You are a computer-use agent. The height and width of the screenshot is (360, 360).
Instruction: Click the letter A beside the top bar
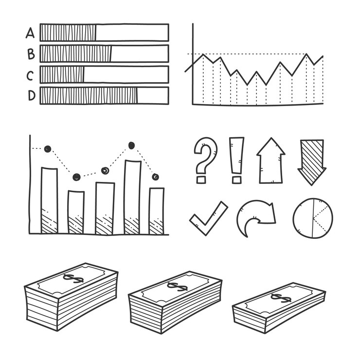30,33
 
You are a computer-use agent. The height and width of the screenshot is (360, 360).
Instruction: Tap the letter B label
31,54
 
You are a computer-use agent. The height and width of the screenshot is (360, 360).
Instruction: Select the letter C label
30,76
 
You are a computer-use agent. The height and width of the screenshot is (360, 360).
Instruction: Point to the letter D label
32,95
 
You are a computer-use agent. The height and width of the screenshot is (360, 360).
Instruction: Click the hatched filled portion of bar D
89,95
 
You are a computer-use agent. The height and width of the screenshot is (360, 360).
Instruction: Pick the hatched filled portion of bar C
62,74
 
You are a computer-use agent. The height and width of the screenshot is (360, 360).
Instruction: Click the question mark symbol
205,160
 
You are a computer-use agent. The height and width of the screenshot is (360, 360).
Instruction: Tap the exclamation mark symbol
236,160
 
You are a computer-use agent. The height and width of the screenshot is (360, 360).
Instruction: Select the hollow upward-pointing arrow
271,161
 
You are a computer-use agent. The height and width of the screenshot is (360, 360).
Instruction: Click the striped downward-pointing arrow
312,162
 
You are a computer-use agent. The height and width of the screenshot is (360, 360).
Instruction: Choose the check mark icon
209,218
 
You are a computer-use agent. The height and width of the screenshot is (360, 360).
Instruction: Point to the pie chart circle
313,218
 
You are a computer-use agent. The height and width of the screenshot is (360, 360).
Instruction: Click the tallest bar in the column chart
132,197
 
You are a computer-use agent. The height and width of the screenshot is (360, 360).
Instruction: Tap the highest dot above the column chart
131,145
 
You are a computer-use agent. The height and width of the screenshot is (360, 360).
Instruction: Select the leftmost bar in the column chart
49,200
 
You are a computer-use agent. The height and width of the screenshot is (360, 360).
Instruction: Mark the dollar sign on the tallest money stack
73,278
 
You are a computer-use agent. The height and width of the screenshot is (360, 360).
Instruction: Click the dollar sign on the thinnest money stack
281,298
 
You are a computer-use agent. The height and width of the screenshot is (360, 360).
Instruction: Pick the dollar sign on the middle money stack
177,287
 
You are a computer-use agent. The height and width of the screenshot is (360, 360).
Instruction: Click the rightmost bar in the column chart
157,211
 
